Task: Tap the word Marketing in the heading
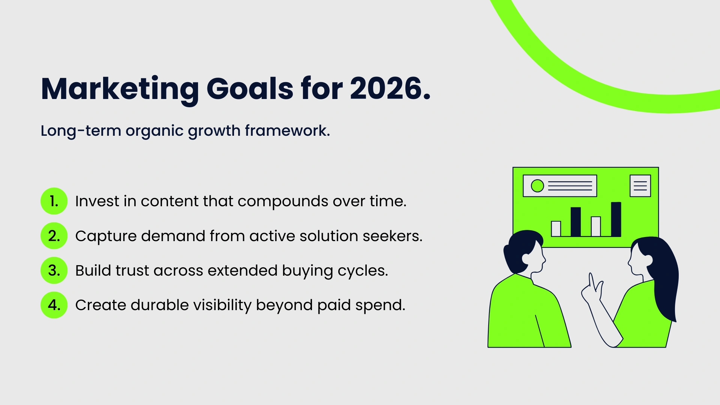[x=120, y=89]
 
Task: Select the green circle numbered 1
[x=54, y=201]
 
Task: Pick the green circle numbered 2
[x=54, y=236]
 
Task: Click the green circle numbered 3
[x=54, y=270]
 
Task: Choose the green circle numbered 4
[x=54, y=305]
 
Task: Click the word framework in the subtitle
[x=287, y=130]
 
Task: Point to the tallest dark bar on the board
[x=616, y=219]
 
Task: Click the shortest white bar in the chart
[x=556, y=228]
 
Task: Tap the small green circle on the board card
[x=537, y=186]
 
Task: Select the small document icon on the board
[x=640, y=186]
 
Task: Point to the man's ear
[x=526, y=258]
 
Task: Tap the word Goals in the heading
[x=250, y=89]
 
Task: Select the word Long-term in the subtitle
[x=81, y=130]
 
